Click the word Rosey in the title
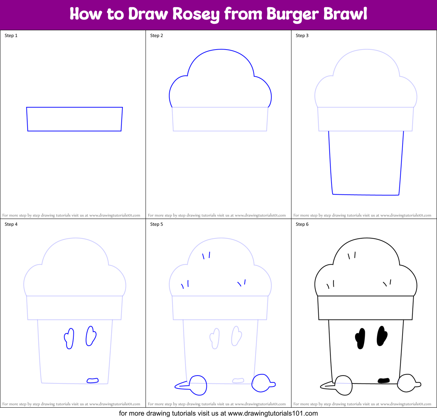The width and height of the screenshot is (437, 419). (x=196, y=14)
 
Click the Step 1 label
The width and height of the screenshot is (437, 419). (x=11, y=36)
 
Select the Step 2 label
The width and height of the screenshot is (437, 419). (x=157, y=36)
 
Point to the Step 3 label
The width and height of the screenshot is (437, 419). (x=302, y=36)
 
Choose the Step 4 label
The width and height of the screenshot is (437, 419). (x=11, y=224)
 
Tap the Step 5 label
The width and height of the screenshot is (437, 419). (x=157, y=224)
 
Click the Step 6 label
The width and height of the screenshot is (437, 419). (x=302, y=224)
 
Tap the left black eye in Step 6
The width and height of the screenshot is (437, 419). (x=360, y=338)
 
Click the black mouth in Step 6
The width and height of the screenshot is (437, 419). (x=384, y=380)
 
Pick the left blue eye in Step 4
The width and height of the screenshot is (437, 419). (x=69, y=338)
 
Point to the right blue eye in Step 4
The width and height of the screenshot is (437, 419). (x=91, y=336)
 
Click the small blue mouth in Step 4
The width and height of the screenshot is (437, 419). (x=93, y=380)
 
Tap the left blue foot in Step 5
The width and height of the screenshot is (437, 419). (x=197, y=385)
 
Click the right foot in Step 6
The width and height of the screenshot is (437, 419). (x=407, y=383)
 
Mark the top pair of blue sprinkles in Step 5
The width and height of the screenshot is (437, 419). (x=206, y=256)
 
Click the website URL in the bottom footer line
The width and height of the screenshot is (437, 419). (x=273, y=413)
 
